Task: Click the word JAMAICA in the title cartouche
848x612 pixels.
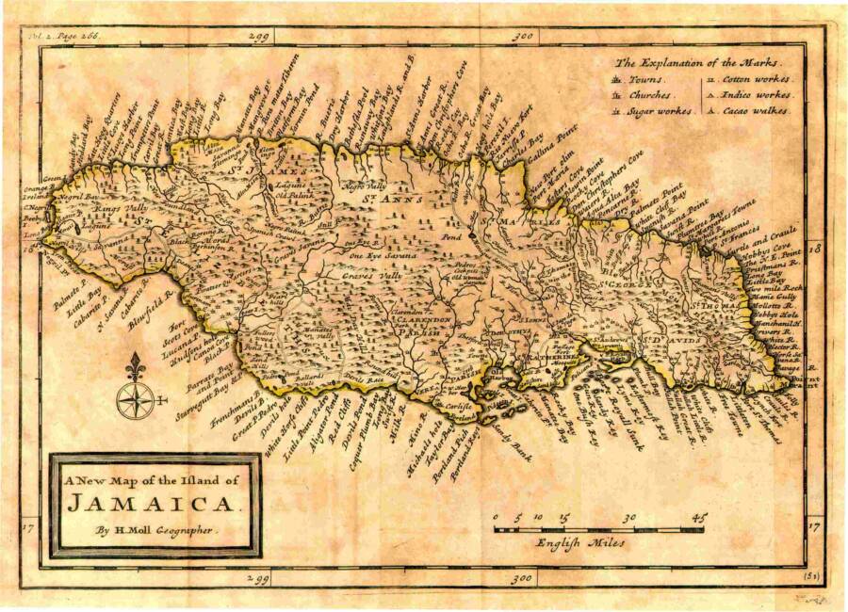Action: (153, 500)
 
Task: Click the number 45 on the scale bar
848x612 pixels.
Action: (699, 517)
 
